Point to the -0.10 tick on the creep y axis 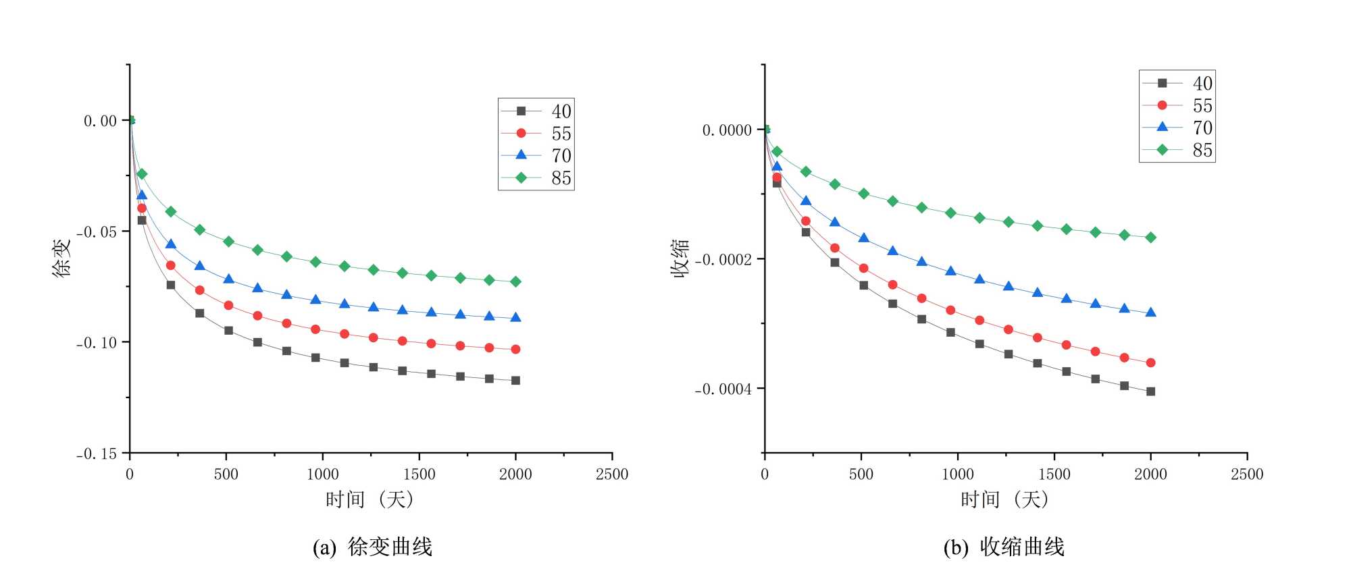[97, 343]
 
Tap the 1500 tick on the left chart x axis [419, 474]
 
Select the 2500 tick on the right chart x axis [1246, 474]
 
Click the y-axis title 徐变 [61, 258]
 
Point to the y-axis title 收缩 [680, 258]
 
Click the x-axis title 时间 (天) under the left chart [369, 499]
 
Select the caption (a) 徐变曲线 [372, 547]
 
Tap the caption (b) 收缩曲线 [1004, 547]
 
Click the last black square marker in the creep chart [515, 381]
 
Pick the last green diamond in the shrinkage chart [1150, 238]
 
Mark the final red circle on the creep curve [515, 350]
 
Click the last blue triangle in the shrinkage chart [1150, 312]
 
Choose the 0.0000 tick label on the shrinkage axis [727, 130]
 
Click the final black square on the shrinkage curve [1150, 391]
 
